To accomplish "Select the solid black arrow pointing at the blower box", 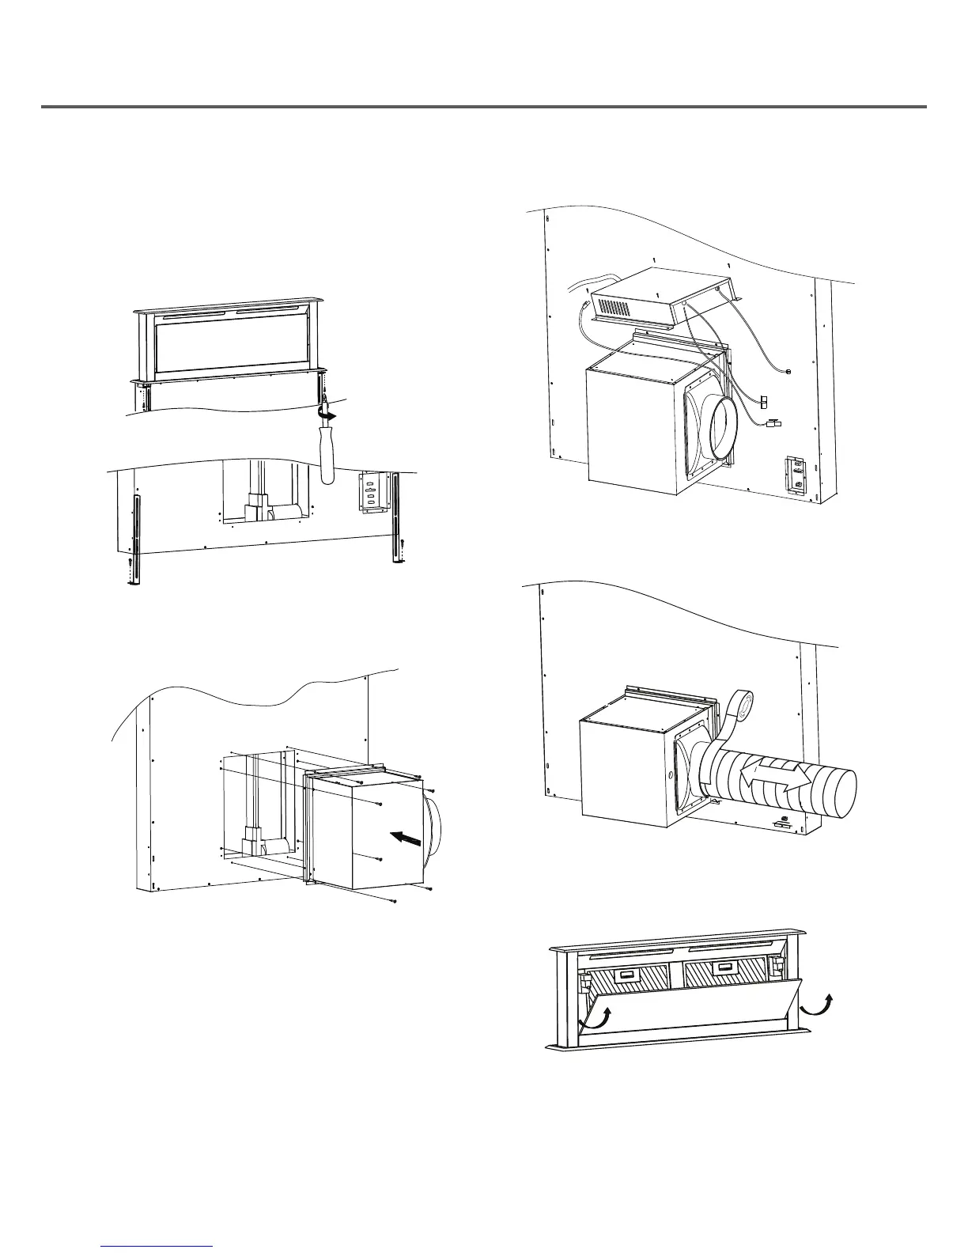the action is [x=407, y=840].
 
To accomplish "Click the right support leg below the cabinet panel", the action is [x=395, y=530].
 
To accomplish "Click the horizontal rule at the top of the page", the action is [x=483, y=107].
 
